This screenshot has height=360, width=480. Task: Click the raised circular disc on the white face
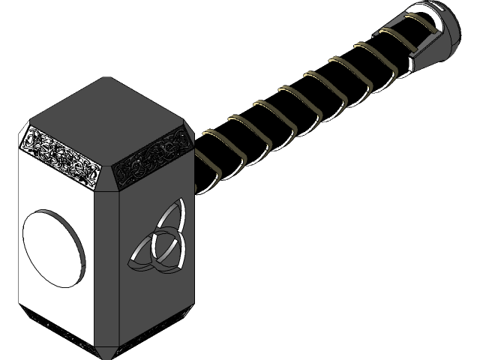pyautogui.click(x=54, y=248)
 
